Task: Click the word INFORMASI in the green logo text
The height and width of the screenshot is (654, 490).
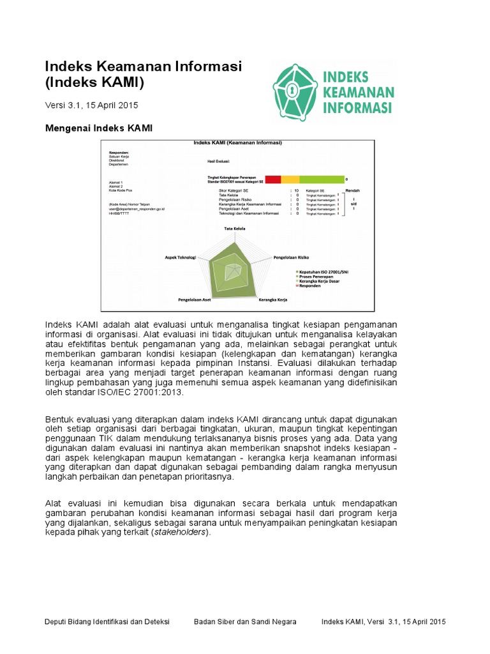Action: click(357, 107)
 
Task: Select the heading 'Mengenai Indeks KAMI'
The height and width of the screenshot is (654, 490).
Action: click(98, 128)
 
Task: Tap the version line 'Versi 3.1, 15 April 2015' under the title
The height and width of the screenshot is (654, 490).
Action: click(91, 105)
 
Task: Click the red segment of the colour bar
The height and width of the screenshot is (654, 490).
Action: click(272, 180)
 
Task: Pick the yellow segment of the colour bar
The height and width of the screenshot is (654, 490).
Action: click(290, 180)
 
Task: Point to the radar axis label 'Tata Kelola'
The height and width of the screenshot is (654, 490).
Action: click(234, 228)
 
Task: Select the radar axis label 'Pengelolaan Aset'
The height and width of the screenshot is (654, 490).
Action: click(195, 299)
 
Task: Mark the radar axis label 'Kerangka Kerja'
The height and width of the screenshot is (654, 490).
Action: click(272, 299)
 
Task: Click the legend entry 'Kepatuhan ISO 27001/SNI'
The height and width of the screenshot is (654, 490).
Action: click(325, 272)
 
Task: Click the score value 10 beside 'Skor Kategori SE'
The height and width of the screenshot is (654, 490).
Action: click(296, 190)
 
